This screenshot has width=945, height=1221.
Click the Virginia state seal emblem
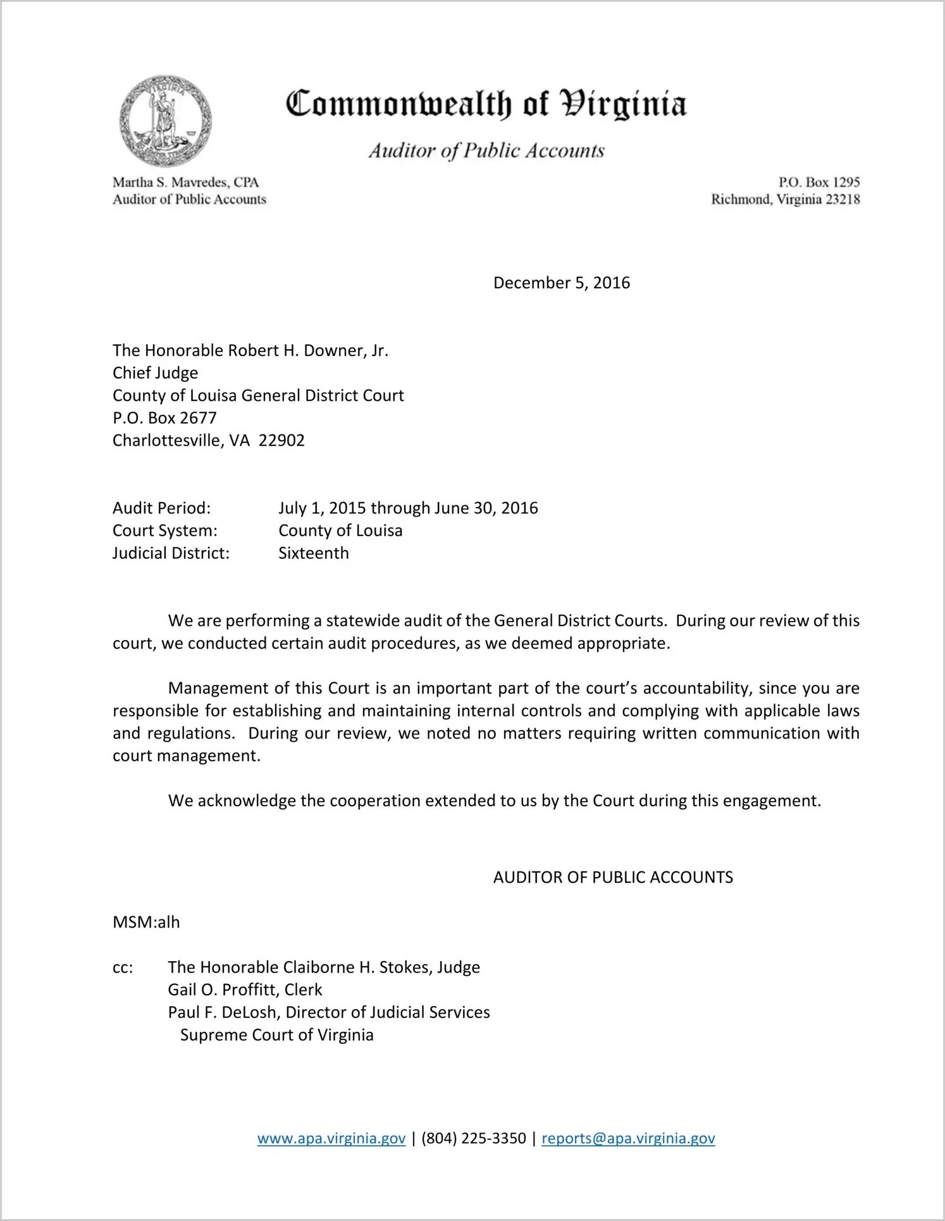[x=165, y=121]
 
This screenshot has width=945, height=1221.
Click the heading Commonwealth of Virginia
[x=486, y=104]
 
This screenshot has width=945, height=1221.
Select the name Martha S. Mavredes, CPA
[x=186, y=182]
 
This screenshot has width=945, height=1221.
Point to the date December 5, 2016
[x=561, y=283]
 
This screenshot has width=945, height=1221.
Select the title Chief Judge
[x=155, y=373]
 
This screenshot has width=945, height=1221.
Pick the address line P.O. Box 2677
[x=164, y=418]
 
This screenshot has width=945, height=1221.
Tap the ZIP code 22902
[x=281, y=441]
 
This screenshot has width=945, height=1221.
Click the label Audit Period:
[x=161, y=508]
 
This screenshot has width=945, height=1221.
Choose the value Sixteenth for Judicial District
[x=314, y=553]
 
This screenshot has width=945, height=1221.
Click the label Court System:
[x=164, y=531]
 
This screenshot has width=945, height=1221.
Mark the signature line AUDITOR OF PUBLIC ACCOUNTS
[x=613, y=877]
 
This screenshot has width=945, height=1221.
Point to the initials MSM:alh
[x=146, y=922]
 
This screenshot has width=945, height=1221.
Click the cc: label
[x=123, y=967]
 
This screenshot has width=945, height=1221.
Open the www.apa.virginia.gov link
[x=331, y=1138]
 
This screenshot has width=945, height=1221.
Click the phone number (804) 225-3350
[x=473, y=1138]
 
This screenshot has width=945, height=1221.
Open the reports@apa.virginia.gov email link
[x=628, y=1138]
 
